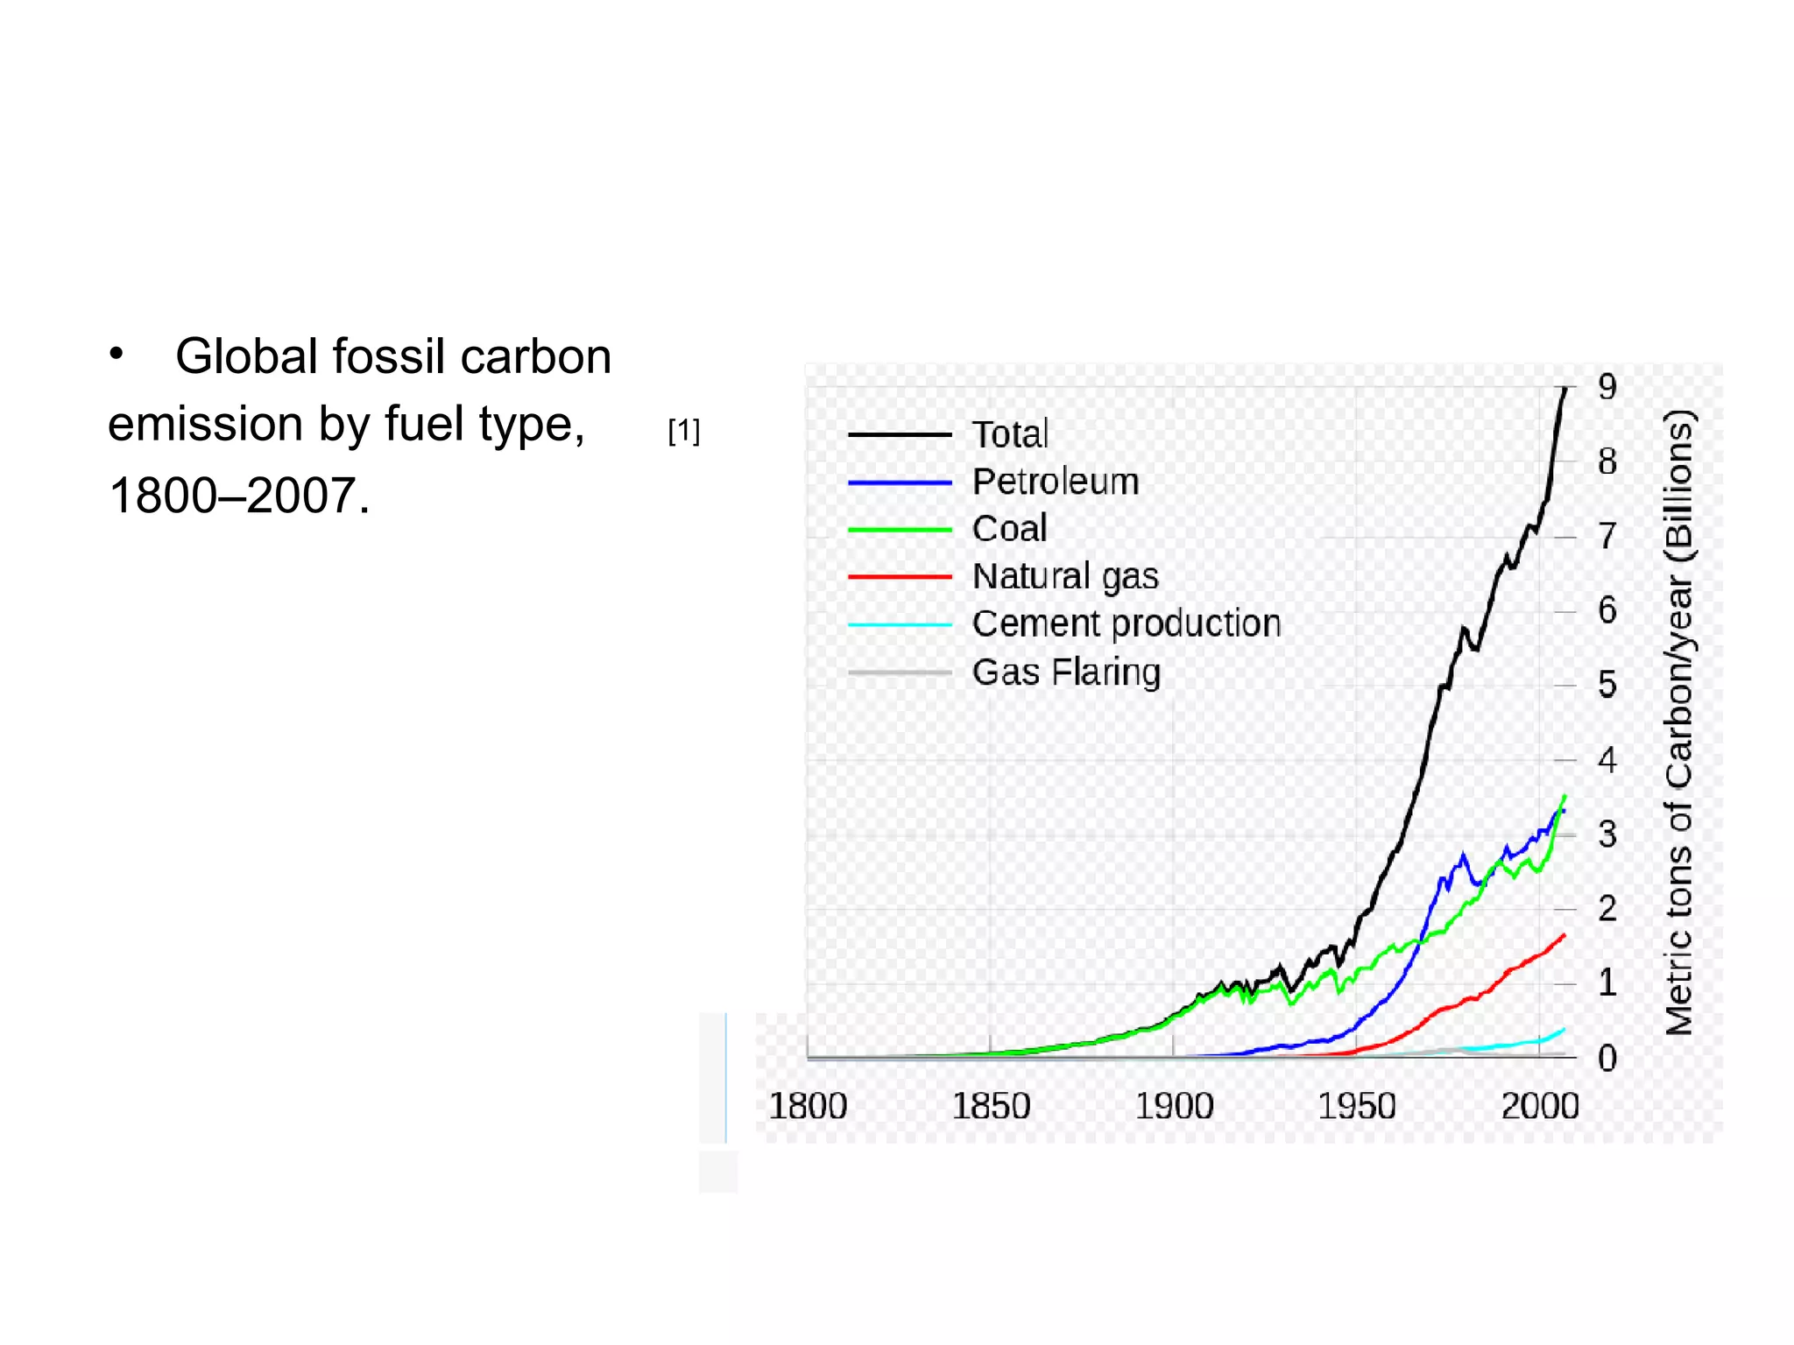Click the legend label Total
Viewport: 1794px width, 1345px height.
[x=1009, y=434]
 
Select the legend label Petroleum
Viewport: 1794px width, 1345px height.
[x=1055, y=482]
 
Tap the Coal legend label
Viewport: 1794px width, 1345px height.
[x=1009, y=529]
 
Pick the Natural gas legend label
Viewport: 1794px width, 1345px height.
[x=1065, y=576]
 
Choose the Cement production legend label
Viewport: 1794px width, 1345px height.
[x=1127, y=623]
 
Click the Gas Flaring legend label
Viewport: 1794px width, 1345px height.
[x=1066, y=672]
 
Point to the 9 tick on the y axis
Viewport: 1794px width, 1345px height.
[x=1607, y=387]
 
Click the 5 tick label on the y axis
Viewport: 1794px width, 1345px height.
[x=1607, y=685]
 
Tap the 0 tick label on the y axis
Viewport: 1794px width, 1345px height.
[x=1607, y=1058]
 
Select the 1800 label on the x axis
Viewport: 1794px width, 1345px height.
[x=807, y=1106]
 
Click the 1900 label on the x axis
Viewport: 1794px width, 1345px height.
[x=1174, y=1106]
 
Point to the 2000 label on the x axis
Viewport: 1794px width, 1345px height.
[x=1539, y=1106]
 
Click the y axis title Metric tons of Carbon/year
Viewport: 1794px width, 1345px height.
[x=1678, y=722]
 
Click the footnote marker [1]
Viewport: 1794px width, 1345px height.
[x=683, y=431]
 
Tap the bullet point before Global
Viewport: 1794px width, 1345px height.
[x=117, y=355]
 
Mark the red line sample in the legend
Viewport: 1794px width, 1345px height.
[x=900, y=576]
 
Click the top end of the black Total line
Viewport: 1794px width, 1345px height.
[x=1565, y=388]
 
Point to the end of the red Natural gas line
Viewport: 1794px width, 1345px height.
[x=1564, y=935]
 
